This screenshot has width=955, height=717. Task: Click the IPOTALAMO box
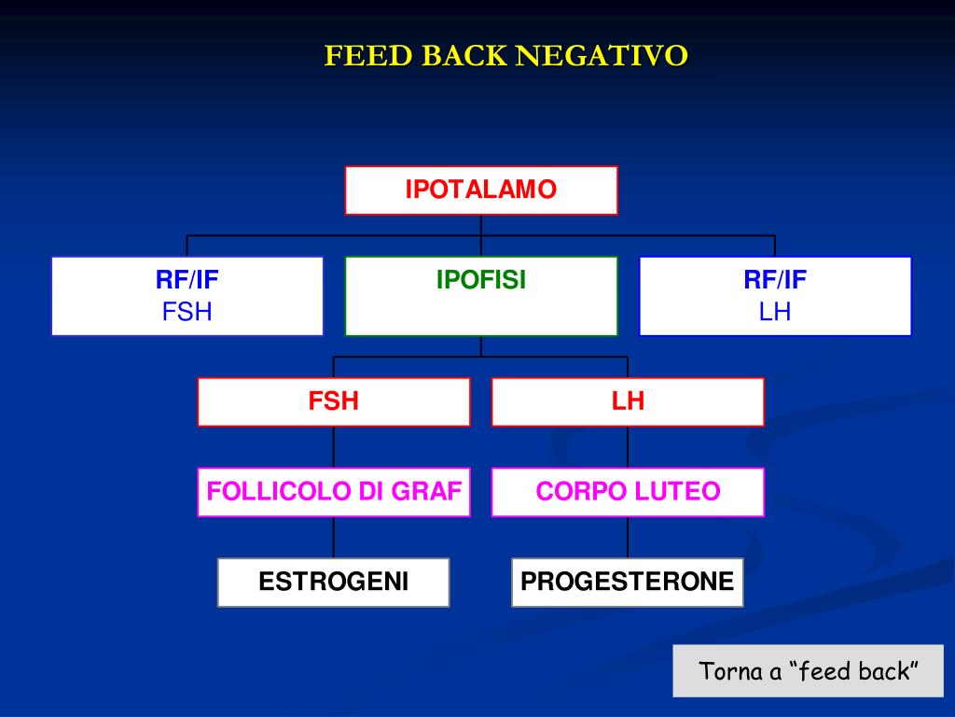coord(481,190)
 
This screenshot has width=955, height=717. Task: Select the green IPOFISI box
coord(481,296)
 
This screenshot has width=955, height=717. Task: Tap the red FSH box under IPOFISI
coord(334,401)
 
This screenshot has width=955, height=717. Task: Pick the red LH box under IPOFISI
coord(628,401)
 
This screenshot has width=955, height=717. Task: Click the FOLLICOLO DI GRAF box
coord(334,492)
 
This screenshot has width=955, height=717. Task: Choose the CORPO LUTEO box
coord(628,492)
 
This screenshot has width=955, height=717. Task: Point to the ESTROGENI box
coord(334,583)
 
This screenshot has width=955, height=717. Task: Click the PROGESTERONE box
coord(628,583)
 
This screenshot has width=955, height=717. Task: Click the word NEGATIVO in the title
coord(602,56)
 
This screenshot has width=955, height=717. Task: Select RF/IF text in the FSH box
coord(187,280)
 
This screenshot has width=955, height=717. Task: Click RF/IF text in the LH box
coord(775,280)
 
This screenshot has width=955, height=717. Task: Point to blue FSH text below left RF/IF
coord(187,312)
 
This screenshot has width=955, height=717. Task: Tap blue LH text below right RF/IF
coord(775,312)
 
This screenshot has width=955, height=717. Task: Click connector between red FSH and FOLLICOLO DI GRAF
coord(334,447)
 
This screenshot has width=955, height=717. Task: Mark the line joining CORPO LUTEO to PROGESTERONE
coord(628,537)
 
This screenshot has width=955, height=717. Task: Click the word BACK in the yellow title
coord(464,56)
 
